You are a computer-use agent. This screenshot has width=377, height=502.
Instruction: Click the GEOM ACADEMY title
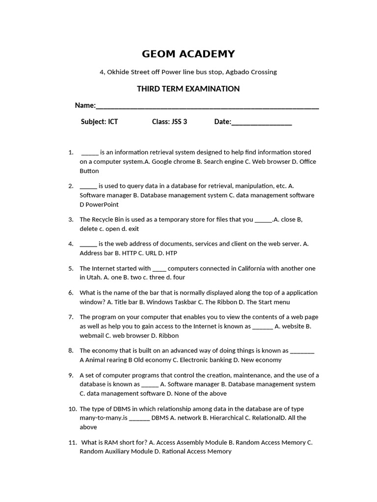click(188, 54)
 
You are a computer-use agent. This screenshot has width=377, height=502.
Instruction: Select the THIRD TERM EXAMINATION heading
click(188, 89)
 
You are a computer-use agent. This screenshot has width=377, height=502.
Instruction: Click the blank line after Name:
click(207, 106)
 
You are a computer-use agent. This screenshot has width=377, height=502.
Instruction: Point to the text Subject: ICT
click(99, 122)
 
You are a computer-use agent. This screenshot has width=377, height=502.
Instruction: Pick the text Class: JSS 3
click(169, 122)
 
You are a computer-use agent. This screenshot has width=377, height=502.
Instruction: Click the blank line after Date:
click(262, 123)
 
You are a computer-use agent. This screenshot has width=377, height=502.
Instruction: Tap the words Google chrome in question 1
click(172, 162)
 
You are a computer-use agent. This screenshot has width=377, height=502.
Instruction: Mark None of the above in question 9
click(200, 393)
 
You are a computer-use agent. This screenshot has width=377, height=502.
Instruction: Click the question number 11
click(73, 442)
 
